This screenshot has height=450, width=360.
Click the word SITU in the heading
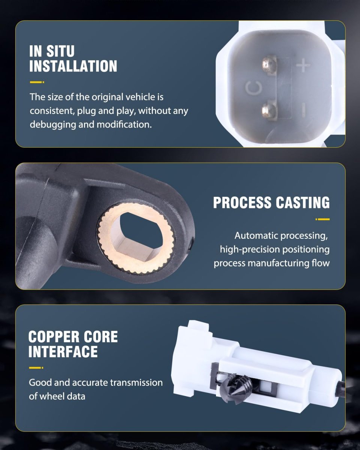click(x=60, y=51)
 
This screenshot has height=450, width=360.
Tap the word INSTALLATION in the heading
click(x=73, y=66)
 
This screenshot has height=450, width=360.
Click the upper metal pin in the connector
click(x=270, y=65)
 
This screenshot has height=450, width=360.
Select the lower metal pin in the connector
click(x=270, y=110)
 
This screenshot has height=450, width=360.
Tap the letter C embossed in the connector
click(x=254, y=88)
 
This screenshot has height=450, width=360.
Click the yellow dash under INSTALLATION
click(x=37, y=82)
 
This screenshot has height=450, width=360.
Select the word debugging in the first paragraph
click(x=53, y=125)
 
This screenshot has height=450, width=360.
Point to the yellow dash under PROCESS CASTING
click(x=322, y=219)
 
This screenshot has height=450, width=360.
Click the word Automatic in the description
click(x=256, y=235)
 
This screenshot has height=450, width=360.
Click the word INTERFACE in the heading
click(x=63, y=351)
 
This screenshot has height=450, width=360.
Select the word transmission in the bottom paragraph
click(x=136, y=382)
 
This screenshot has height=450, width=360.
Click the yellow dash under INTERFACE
click(x=36, y=367)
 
